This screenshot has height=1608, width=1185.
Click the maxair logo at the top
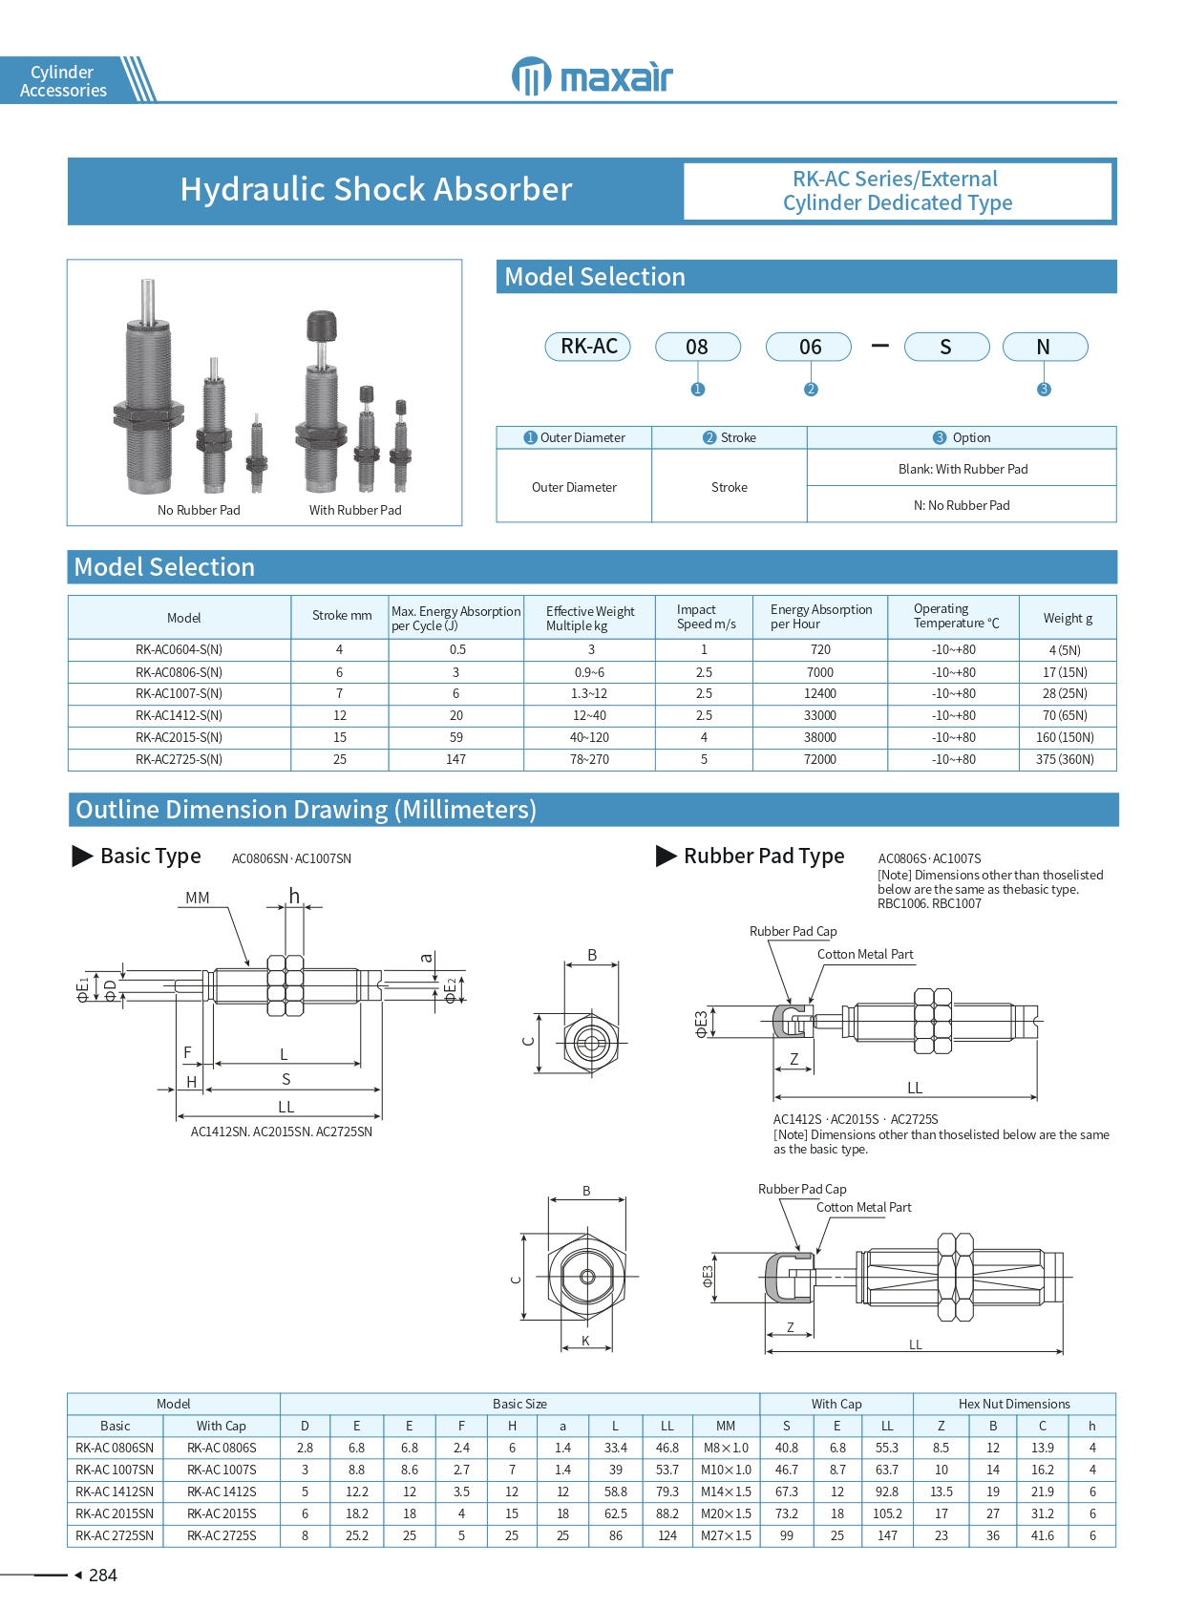(592, 76)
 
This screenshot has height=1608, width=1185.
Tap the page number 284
(102, 1576)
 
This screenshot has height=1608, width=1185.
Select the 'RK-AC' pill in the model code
(589, 347)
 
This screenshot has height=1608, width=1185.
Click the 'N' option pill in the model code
(1044, 347)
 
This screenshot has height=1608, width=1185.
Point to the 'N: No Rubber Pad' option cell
(962, 505)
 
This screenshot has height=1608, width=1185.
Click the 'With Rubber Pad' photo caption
(355, 510)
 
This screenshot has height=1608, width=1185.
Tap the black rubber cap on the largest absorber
(321, 326)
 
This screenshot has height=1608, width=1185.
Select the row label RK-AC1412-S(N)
(179, 715)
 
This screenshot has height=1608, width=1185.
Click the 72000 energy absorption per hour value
(820, 759)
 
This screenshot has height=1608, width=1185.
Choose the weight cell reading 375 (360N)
(1065, 759)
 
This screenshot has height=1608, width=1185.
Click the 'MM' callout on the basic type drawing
(198, 898)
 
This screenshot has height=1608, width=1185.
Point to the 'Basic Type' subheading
(150, 856)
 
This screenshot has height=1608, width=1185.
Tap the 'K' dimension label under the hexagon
(586, 1341)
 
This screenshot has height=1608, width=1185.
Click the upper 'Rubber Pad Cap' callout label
(793, 931)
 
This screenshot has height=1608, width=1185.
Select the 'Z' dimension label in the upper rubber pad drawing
(794, 1059)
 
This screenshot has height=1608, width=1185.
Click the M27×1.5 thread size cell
(726, 1535)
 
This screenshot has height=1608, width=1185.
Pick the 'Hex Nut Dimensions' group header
(1014, 1404)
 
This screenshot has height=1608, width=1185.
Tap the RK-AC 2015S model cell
(222, 1513)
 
